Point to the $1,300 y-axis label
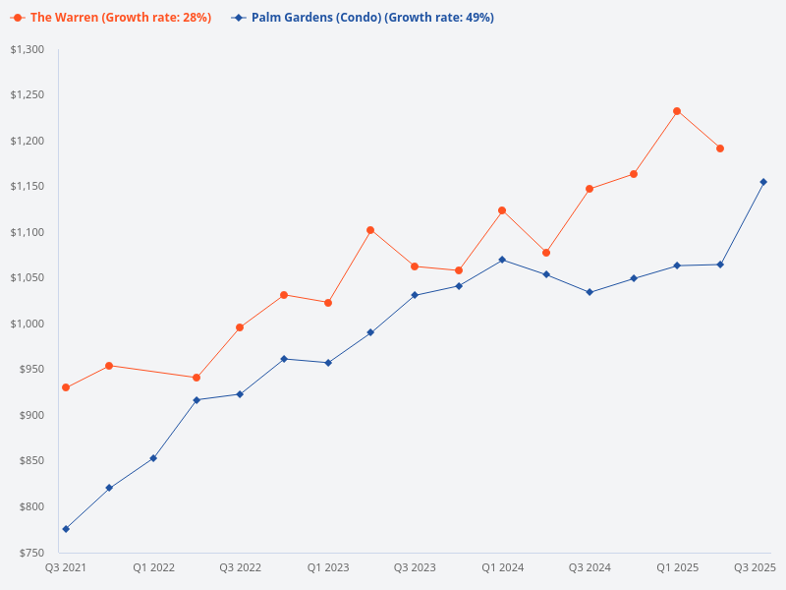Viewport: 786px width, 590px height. pos(28,49)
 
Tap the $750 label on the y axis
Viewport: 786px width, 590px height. pos(31,553)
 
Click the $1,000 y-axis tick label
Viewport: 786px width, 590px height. pos(28,324)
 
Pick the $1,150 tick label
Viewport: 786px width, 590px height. pos(28,187)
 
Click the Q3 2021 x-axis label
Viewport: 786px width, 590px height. pos(66,567)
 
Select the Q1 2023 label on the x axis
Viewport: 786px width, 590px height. pos(328,567)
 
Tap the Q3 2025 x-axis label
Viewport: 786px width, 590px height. pos(755,567)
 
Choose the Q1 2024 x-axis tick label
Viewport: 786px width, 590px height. pos(502,567)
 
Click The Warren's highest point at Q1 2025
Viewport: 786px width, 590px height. pos(677,111)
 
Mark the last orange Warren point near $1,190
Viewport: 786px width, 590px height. pos(720,148)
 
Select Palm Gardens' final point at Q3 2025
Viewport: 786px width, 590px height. pos(763,182)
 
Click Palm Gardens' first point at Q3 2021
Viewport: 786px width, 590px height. pos(66,529)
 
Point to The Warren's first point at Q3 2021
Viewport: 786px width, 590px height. pos(66,387)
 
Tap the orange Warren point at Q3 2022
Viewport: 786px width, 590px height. pos(240,327)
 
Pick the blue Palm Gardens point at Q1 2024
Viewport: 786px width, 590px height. pos(502,260)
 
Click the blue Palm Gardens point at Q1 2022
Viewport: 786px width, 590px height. pos(153,458)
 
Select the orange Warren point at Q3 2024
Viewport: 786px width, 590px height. pos(589,189)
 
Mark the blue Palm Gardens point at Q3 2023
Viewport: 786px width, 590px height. pos(415,295)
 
